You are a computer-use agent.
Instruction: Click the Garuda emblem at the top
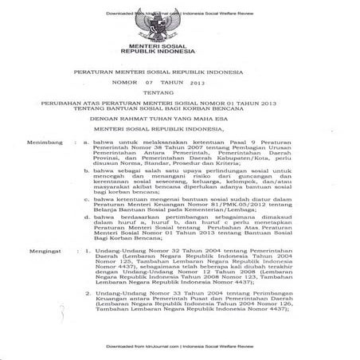click(x=179, y=25)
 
